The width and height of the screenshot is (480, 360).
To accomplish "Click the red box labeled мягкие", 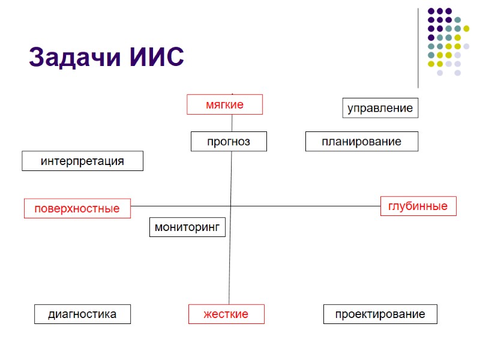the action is [x=224, y=104].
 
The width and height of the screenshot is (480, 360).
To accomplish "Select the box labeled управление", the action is [x=380, y=108].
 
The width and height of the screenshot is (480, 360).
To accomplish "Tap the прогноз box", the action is [x=228, y=142].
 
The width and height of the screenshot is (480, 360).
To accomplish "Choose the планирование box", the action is [x=361, y=142].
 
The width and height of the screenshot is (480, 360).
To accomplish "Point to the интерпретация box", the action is [x=82, y=161].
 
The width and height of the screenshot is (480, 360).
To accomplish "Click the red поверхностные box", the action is [x=77, y=208].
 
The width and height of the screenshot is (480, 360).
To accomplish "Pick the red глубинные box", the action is [x=418, y=206].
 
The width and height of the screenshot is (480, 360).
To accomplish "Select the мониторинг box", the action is [x=187, y=227].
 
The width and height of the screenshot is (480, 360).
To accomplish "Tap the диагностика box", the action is [x=82, y=314].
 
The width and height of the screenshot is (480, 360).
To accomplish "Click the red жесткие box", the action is [x=226, y=314].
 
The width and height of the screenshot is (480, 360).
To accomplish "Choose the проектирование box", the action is [x=380, y=314].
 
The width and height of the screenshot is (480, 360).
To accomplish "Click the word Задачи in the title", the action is [x=71, y=58].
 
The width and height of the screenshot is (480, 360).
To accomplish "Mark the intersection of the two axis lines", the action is [x=231, y=206].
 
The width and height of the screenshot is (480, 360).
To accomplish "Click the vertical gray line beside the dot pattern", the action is [x=418, y=48].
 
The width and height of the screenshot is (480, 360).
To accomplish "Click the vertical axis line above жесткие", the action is [x=230, y=270].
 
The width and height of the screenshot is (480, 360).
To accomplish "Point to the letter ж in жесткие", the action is [x=208, y=314].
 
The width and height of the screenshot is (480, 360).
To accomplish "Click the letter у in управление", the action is [x=351, y=109].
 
